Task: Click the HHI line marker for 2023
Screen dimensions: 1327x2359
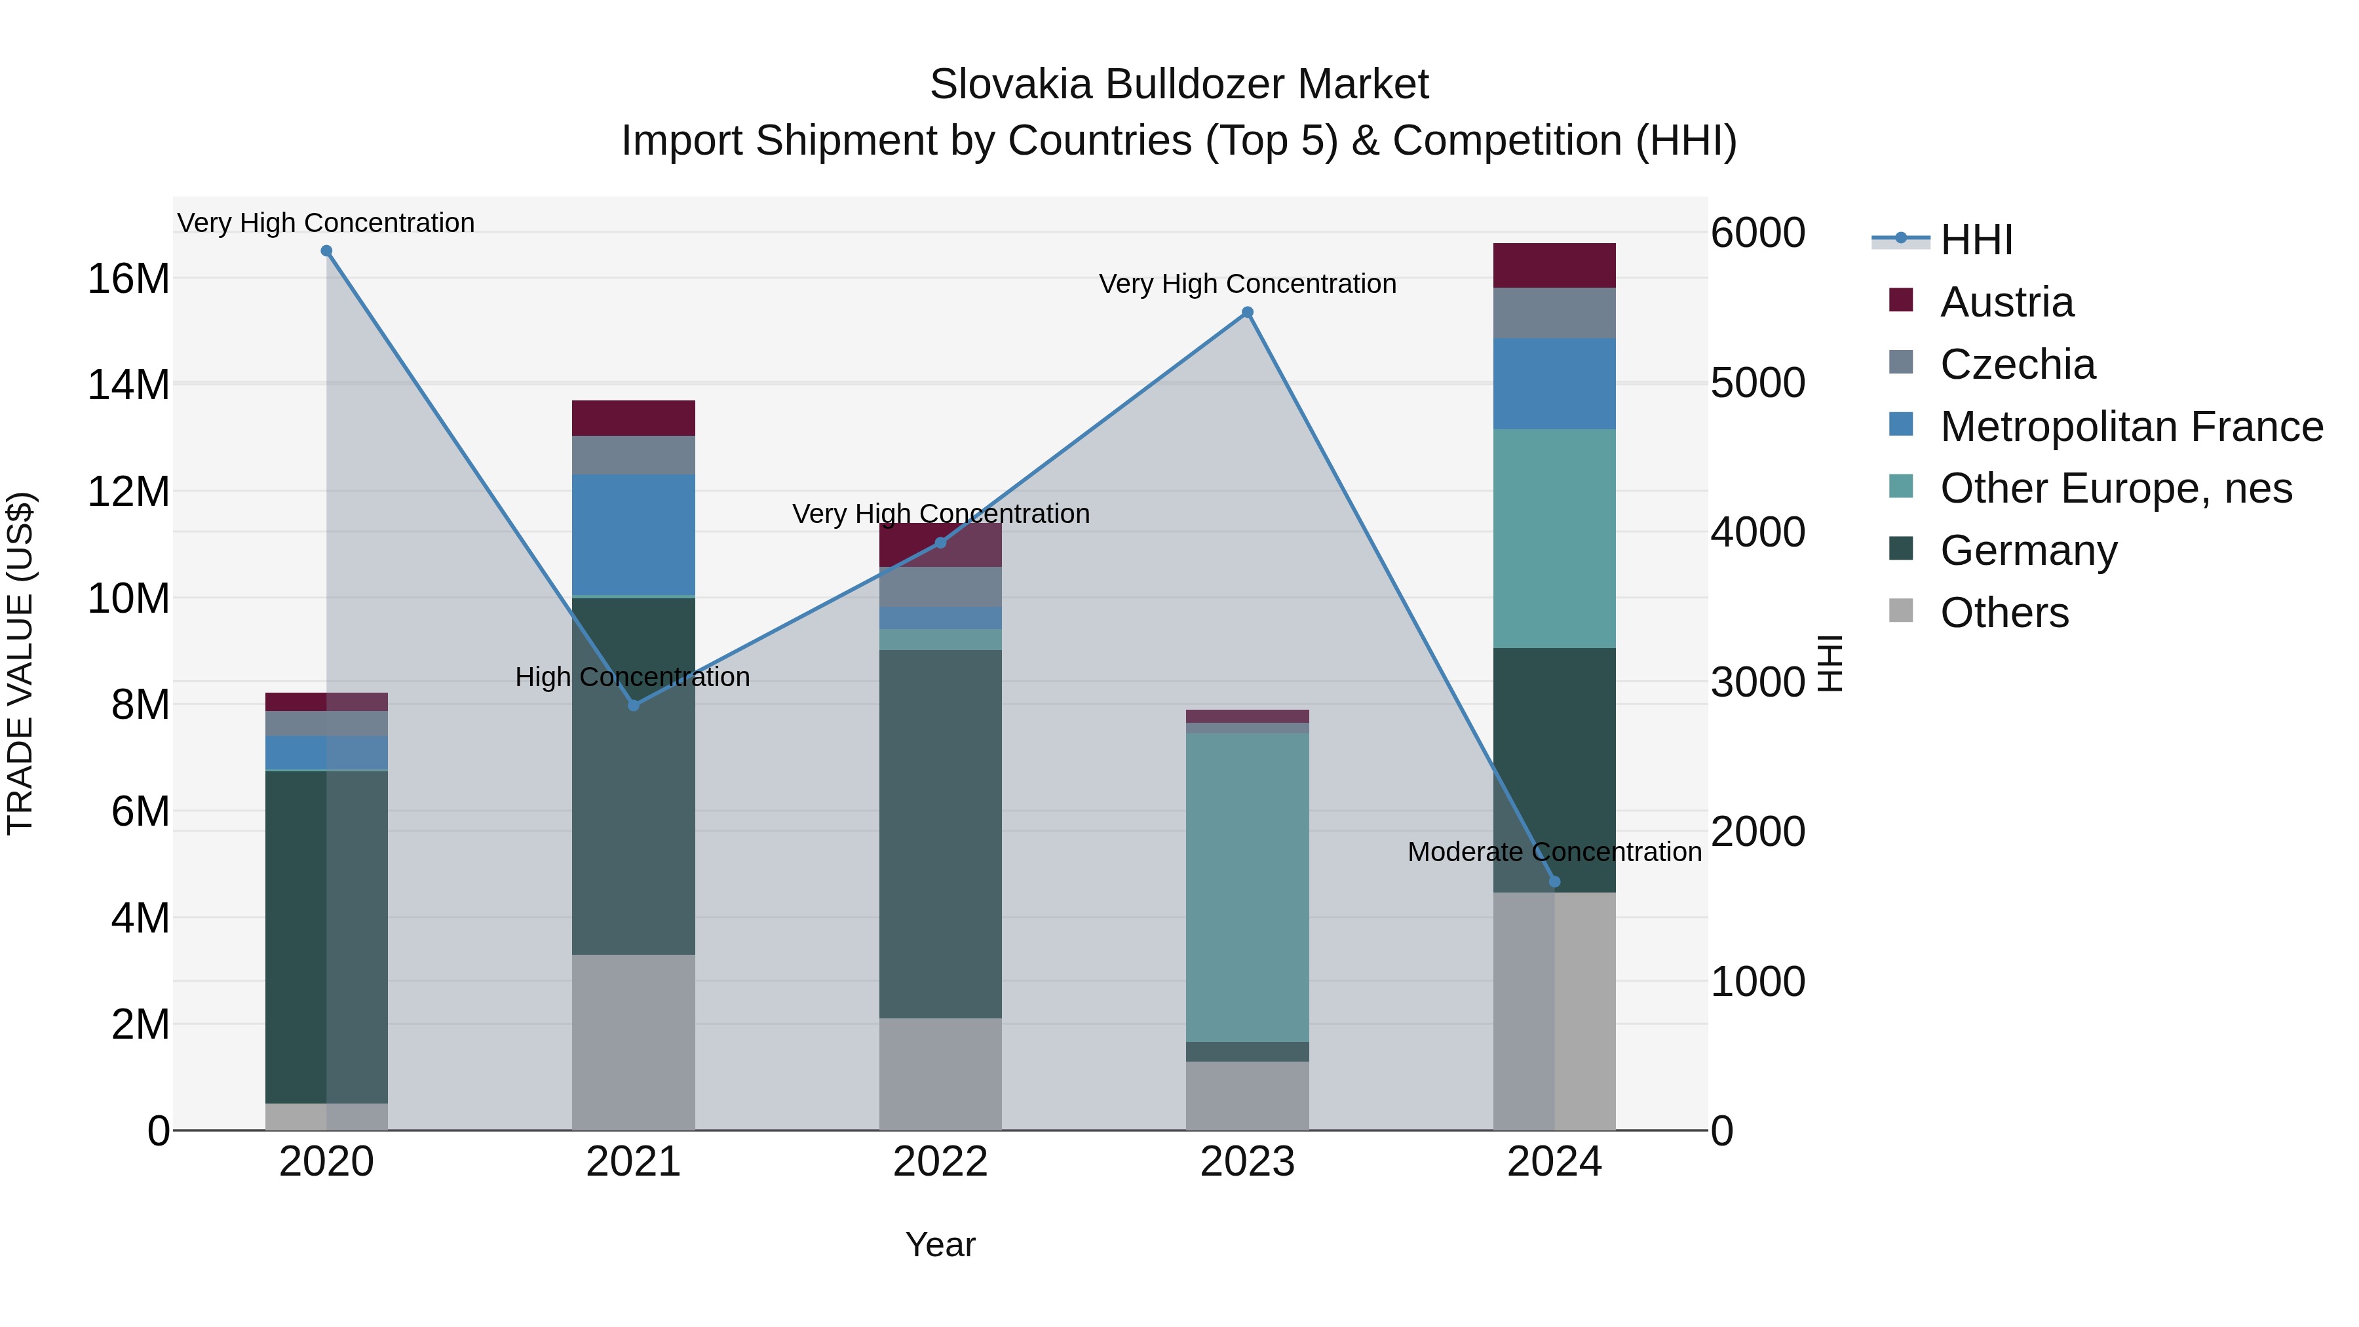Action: point(1246,313)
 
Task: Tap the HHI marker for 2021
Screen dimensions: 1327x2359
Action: point(634,705)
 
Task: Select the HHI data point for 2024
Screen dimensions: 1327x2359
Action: point(1554,882)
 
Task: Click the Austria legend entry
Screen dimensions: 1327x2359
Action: point(2006,302)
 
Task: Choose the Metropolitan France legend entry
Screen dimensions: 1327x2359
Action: point(2130,427)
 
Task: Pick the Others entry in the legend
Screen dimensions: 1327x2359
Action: point(2004,613)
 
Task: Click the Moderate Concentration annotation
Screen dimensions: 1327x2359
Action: point(1554,852)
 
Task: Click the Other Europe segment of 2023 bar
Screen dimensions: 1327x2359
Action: point(1246,887)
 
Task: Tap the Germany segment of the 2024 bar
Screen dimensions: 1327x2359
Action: point(1554,769)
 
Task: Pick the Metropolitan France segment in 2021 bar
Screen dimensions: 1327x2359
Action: point(634,534)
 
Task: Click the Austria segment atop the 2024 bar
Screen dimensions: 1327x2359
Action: point(1554,265)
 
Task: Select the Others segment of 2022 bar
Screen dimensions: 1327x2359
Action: point(940,1073)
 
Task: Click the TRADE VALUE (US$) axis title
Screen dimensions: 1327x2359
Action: point(20,663)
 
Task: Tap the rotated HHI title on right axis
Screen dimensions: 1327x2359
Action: point(1829,663)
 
